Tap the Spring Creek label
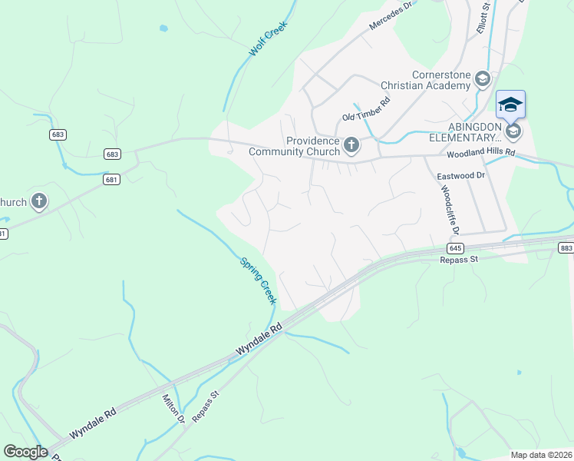click(259, 280)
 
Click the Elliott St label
click(486, 16)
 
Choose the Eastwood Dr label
click(461, 176)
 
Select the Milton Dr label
click(174, 409)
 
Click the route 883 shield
click(566, 247)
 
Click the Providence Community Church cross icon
click(351, 144)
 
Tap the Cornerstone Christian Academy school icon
click(482, 79)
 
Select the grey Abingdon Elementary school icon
click(513, 131)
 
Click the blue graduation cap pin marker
click(510, 104)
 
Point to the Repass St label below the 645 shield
click(459, 260)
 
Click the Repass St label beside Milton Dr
click(206, 406)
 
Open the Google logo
click(26, 452)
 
